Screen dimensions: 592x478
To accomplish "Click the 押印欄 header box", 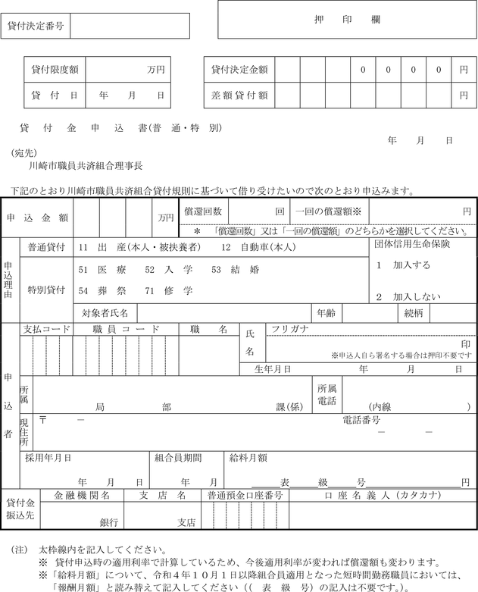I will pyautogui.click(x=348, y=20).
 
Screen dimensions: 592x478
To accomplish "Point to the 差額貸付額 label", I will pyautogui.click(x=239, y=96).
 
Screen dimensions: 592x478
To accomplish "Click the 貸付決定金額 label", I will pyautogui.click(x=239, y=70).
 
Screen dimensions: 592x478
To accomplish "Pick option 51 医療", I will pyautogui.click(x=102, y=270).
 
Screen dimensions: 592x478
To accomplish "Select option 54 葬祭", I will pyautogui.click(x=102, y=290).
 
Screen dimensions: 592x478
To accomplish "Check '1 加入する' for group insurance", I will pyautogui.click(x=403, y=266).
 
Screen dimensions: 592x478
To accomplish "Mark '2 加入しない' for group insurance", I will pyautogui.click(x=408, y=298).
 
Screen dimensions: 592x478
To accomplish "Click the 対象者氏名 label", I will pyautogui.click(x=105, y=313).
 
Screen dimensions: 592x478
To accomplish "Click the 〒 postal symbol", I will pyautogui.click(x=43, y=421).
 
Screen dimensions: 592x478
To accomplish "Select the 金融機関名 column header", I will pyautogui.click(x=84, y=496).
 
